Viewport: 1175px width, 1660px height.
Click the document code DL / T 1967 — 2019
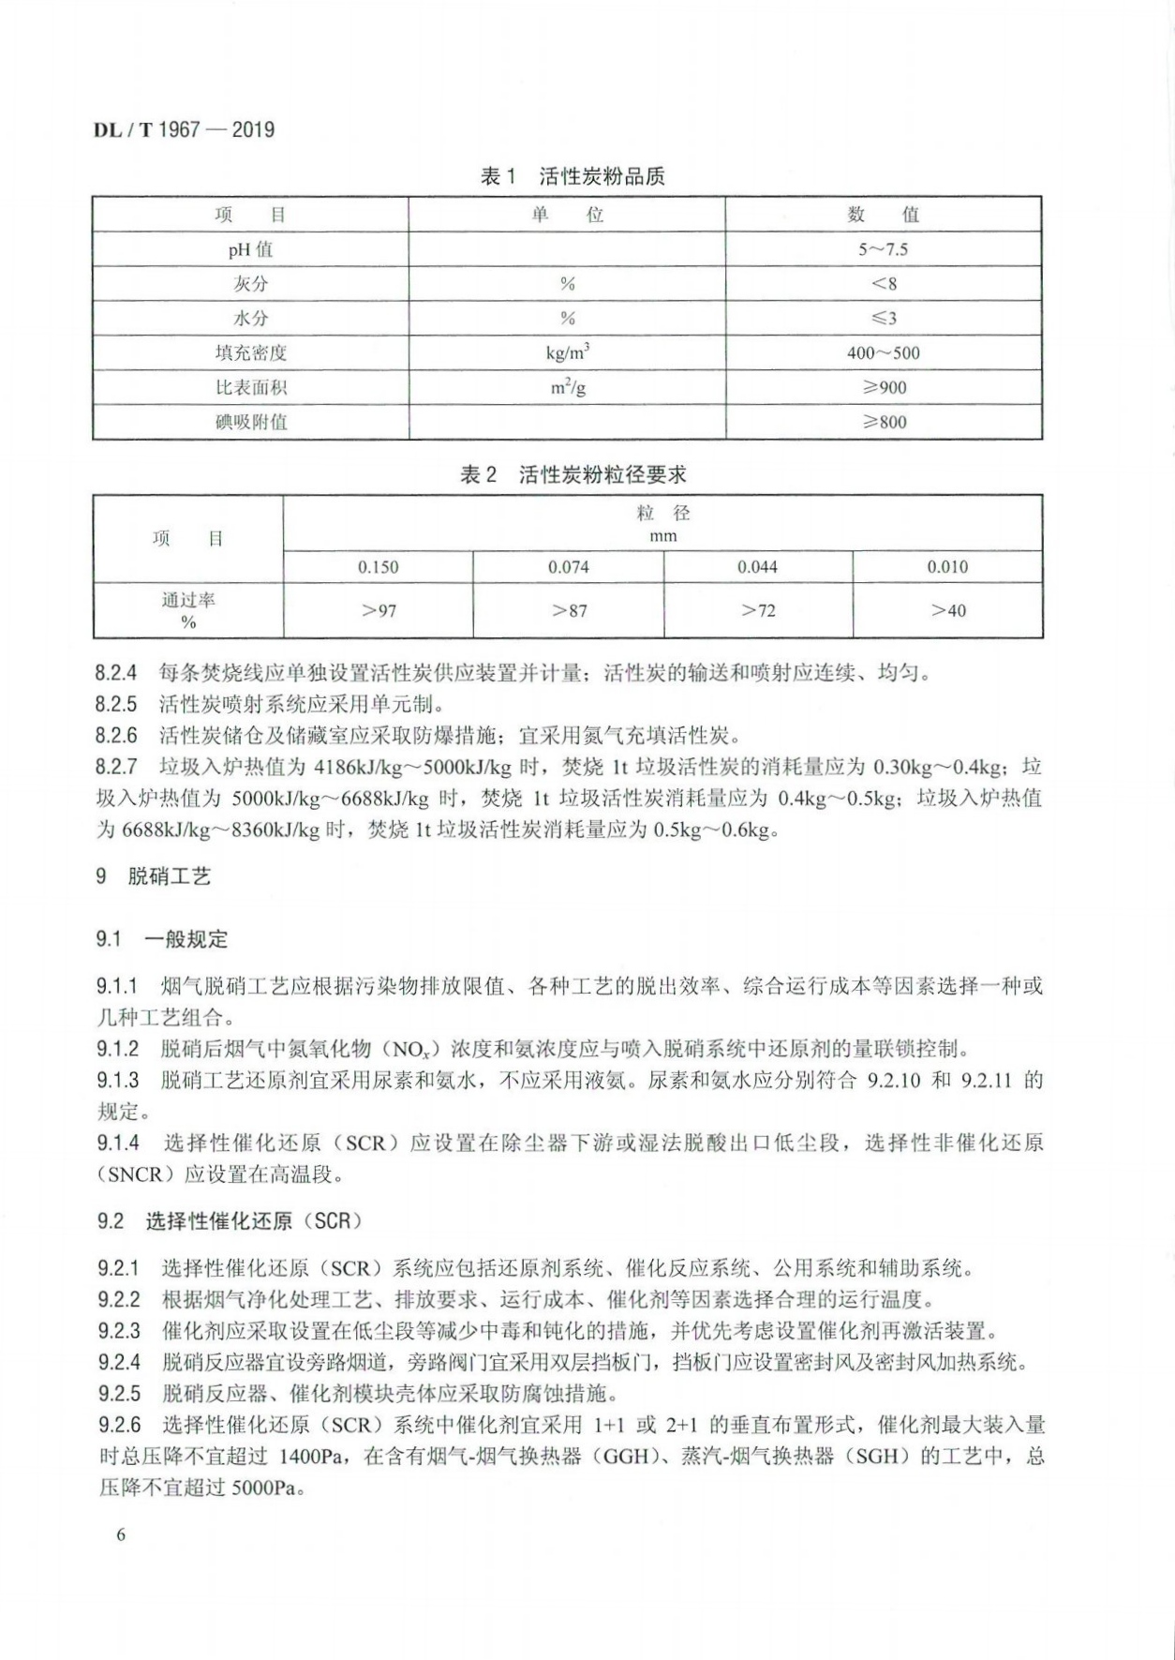tap(184, 130)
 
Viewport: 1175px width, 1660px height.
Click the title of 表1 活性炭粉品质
tap(572, 176)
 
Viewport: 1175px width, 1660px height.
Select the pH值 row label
tap(250, 249)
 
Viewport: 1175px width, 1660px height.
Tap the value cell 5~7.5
tap(884, 249)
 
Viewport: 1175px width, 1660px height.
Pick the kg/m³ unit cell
tap(567, 352)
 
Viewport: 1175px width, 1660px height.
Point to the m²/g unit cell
tap(567, 387)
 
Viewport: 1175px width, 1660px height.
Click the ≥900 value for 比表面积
tap(884, 387)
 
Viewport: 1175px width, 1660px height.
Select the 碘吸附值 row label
tap(250, 422)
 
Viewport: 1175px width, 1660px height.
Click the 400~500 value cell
tap(884, 353)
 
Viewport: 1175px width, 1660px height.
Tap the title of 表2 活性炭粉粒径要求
tap(572, 474)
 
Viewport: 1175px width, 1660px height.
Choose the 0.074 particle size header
tap(568, 567)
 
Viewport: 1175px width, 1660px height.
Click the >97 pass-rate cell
tap(378, 611)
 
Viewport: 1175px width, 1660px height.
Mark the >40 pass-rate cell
tap(947, 611)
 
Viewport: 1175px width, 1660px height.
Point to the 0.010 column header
tap(947, 567)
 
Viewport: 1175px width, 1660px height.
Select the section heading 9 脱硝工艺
tap(154, 876)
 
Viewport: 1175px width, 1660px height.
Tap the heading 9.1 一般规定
tap(161, 939)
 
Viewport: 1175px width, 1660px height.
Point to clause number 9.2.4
tap(119, 1362)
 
